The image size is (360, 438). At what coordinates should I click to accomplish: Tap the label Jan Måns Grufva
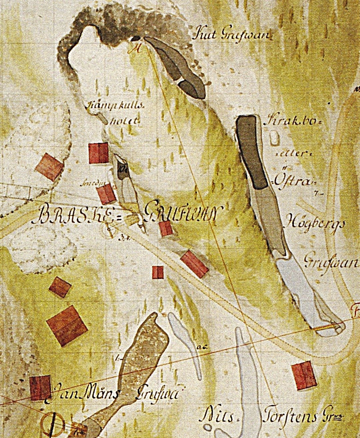click(x=113, y=393)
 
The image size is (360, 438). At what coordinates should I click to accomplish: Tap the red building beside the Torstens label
click(x=304, y=375)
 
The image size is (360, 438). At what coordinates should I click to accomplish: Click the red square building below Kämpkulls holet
click(x=99, y=153)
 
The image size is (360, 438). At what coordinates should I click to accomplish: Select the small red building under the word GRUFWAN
click(x=166, y=228)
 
